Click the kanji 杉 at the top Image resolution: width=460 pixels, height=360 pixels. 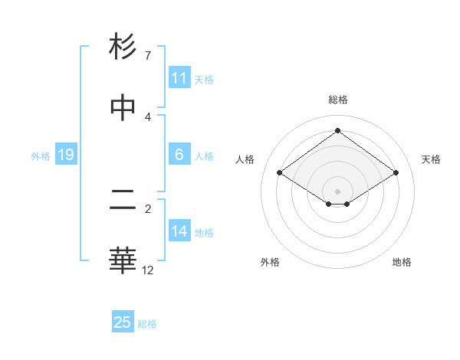(x=123, y=47)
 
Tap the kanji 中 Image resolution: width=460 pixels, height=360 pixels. (x=123, y=108)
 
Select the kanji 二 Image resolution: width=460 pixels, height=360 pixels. (x=123, y=201)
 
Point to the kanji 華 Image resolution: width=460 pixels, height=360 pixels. (x=123, y=261)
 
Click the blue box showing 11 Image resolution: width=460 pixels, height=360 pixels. (x=179, y=78)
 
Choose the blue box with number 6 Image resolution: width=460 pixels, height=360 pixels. (x=179, y=155)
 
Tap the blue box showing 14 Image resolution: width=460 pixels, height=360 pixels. (x=179, y=231)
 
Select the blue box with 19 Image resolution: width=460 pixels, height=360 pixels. (x=65, y=155)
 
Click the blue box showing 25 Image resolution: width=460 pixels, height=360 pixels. (x=123, y=322)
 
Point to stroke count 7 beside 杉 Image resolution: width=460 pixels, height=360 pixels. (x=148, y=56)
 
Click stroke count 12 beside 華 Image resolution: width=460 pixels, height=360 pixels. (x=148, y=270)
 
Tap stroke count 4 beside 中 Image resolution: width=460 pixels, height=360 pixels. (x=148, y=116)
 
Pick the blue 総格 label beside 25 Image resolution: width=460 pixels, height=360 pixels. (x=147, y=323)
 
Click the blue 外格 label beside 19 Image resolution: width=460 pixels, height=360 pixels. (x=41, y=155)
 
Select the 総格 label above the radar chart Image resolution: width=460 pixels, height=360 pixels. (x=337, y=100)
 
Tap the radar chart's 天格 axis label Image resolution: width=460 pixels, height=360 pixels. (x=431, y=159)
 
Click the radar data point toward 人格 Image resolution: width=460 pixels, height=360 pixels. (x=280, y=173)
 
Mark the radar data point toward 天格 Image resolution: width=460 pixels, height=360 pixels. (x=396, y=173)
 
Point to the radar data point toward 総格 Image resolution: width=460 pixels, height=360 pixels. (x=337, y=130)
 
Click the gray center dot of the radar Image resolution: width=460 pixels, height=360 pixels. (x=337, y=191)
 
